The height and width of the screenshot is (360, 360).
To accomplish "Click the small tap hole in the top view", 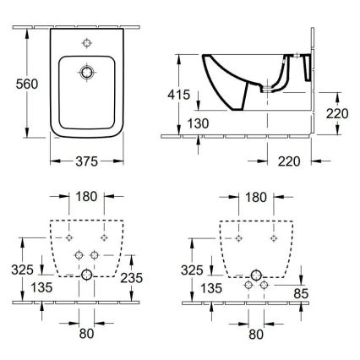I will (x=85, y=41).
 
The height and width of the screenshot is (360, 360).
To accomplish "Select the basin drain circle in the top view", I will (x=85, y=74).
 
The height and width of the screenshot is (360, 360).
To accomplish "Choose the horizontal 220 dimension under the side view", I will (x=288, y=157).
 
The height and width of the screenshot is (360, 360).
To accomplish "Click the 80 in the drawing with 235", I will (x=85, y=333).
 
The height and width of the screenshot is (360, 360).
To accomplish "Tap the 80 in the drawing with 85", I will (x=255, y=333).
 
